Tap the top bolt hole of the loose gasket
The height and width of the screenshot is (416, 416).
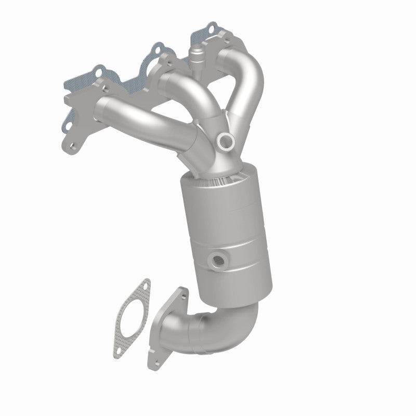(145, 284)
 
